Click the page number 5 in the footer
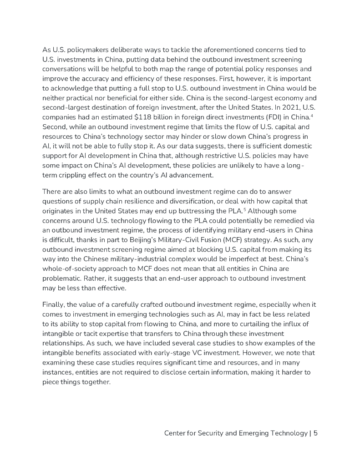click(315, 433)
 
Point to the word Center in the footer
click(176, 433)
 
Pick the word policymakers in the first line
click(84, 50)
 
